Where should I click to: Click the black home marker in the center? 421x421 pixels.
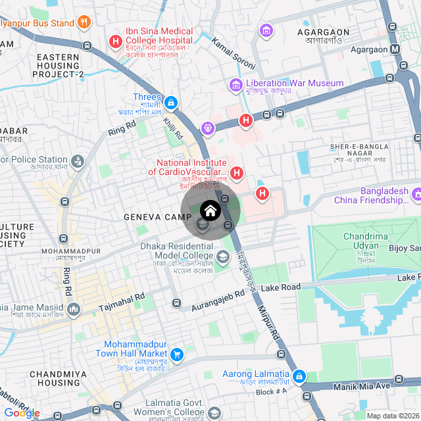point(210,210)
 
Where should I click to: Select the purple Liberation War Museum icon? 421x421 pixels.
point(235,84)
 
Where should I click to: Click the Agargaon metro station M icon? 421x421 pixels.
point(395,49)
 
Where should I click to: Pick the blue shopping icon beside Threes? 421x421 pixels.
point(170,103)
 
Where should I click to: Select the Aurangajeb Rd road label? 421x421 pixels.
point(218,299)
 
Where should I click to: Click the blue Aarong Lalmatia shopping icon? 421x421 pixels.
point(299,376)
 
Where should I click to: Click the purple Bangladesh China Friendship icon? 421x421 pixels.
point(416,195)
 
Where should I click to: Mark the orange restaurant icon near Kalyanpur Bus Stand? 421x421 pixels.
point(84,23)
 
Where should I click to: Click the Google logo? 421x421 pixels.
point(22,412)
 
